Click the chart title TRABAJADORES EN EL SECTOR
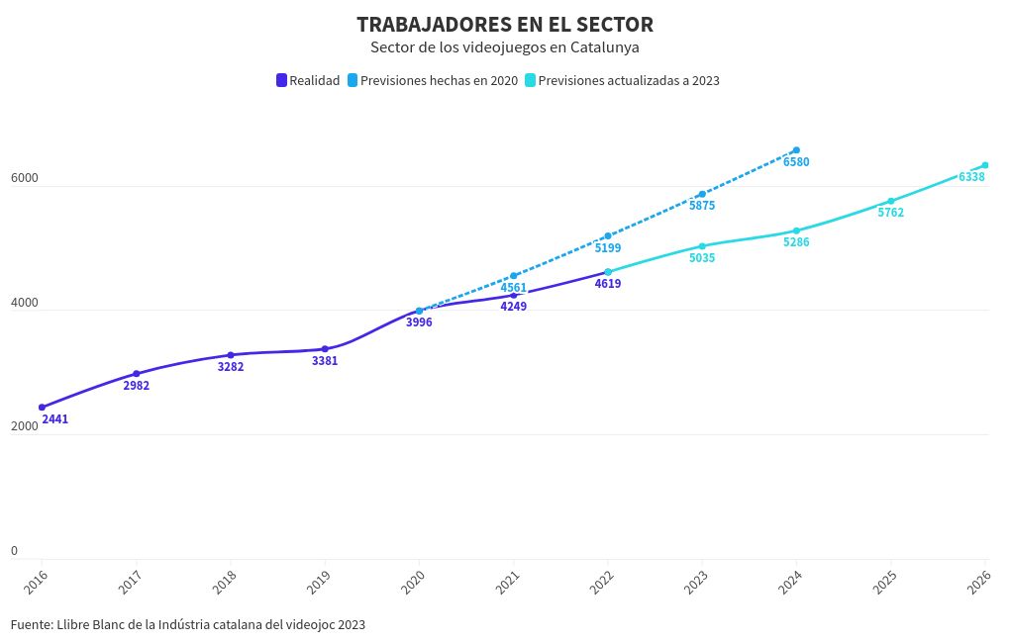tap(505, 25)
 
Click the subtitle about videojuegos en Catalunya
tap(505, 46)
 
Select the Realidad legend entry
tap(308, 81)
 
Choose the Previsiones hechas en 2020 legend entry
tap(433, 81)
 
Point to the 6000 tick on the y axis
tap(25, 179)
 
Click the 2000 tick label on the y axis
tap(25, 426)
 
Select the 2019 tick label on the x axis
tap(319, 583)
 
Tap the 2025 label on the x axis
tap(884, 583)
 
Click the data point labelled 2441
tap(42, 408)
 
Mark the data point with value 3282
tap(231, 355)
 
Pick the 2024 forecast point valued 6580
tap(796, 150)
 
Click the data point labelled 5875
tap(702, 194)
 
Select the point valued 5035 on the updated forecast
tap(702, 246)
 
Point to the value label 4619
tap(608, 284)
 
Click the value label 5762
tap(890, 213)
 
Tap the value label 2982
tap(137, 386)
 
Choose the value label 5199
tap(608, 248)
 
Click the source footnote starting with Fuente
tap(188, 624)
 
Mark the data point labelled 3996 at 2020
tap(419, 311)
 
